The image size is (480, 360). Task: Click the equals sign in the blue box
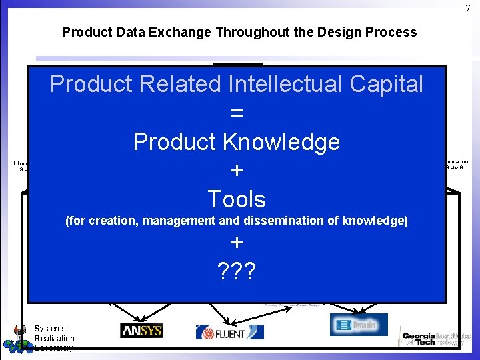pos(236,113)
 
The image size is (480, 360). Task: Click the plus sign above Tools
pos(236,171)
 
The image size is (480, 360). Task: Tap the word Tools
pos(236,199)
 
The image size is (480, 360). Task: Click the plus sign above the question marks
pos(236,242)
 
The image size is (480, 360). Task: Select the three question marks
pos(236,270)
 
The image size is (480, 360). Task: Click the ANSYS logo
pos(141,330)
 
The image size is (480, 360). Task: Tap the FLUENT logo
pos(229,331)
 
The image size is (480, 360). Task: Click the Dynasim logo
pos(359,325)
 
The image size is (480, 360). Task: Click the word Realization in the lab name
pos(54,338)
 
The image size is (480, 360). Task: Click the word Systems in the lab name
pos(51,328)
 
